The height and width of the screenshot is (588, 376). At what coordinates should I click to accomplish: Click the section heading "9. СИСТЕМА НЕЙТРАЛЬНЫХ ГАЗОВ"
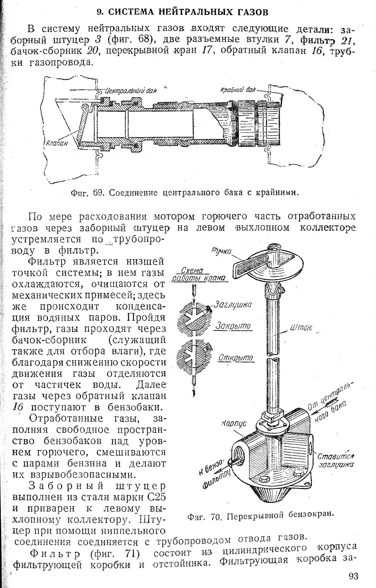(183, 12)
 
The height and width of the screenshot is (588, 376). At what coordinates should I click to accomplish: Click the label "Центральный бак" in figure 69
(130, 91)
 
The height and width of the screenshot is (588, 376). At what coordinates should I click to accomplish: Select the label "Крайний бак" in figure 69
(238, 90)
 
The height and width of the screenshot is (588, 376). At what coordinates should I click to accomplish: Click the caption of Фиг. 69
(185, 193)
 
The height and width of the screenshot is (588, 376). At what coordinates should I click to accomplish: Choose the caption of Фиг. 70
(260, 515)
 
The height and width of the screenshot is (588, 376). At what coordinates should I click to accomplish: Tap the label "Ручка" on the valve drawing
(221, 251)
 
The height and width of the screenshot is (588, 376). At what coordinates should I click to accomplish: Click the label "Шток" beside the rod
(301, 328)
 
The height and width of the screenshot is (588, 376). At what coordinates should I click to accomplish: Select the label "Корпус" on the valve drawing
(234, 424)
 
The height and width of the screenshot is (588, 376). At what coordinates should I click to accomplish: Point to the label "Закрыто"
(233, 326)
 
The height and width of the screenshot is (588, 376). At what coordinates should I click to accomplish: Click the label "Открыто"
(236, 358)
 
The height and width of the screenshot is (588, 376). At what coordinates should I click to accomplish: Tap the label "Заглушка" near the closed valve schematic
(233, 305)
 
